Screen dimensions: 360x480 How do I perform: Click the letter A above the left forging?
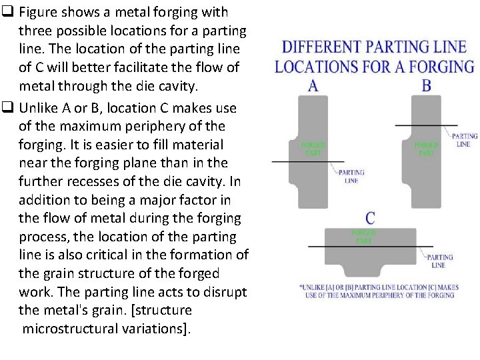(x=313, y=85)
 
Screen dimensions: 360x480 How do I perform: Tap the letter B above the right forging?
(x=426, y=85)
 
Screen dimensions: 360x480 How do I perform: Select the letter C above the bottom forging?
(x=370, y=218)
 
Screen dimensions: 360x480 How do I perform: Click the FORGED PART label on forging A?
(x=313, y=149)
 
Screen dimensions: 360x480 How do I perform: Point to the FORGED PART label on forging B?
(x=426, y=149)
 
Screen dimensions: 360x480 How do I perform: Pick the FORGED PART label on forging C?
(x=364, y=237)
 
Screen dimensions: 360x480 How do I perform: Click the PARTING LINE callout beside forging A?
(x=352, y=177)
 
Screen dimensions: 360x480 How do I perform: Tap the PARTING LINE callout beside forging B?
(x=464, y=140)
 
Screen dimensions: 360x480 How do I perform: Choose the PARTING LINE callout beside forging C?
(x=439, y=261)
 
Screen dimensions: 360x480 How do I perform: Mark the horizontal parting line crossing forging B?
(x=426, y=125)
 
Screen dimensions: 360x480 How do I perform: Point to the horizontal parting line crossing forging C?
(x=370, y=247)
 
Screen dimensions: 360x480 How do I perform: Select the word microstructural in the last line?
(x=73, y=328)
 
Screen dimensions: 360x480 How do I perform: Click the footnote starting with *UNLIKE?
(x=377, y=291)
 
